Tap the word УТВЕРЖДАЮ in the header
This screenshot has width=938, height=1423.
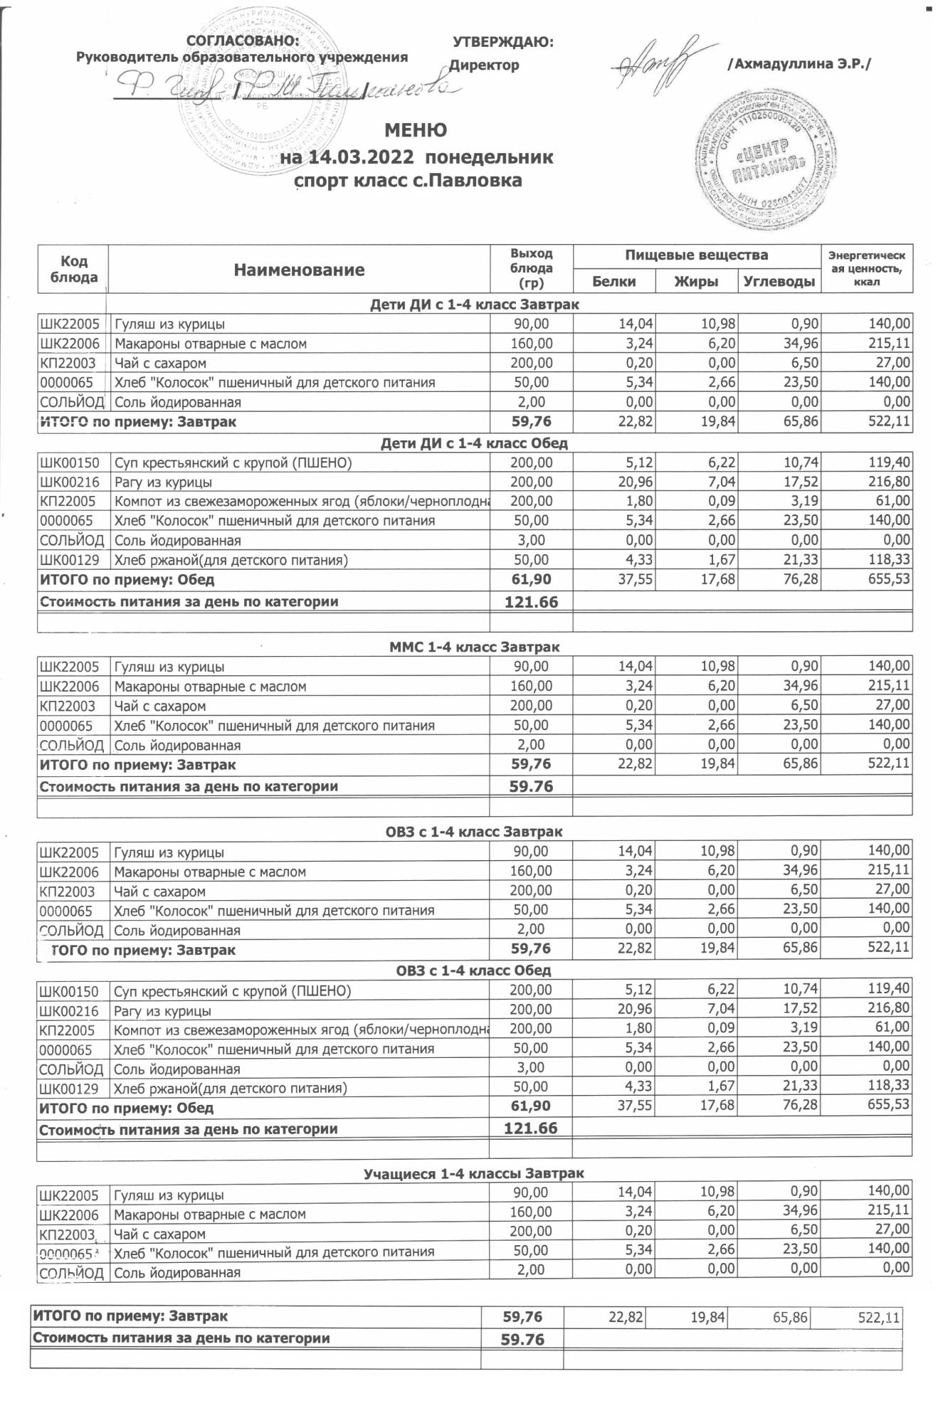pyautogui.click(x=502, y=43)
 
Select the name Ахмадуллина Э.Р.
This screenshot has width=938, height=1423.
pyautogui.click(x=799, y=64)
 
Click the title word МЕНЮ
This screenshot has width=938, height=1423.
pyautogui.click(x=416, y=131)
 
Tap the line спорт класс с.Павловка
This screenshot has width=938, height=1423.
pyautogui.click(x=409, y=181)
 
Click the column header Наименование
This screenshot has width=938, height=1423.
pyautogui.click(x=299, y=270)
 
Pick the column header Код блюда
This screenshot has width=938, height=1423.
pyautogui.click(x=73, y=269)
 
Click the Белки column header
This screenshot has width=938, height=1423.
pyautogui.click(x=613, y=282)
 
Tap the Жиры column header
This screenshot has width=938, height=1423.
pyautogui.click(x=696, y=282)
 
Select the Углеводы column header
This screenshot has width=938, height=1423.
pyautogui.click(x=779, y=282)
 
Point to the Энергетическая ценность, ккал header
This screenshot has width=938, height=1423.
pyautogui.click(x=866, y=269)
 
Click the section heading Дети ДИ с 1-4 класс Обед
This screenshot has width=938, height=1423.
pyautogui.click(x=474, y=443)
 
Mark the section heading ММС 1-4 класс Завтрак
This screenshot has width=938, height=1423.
pyautogui.click(x=474, y=647)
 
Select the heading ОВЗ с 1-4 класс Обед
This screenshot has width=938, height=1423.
pyautogui.click(x=474, y=970)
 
